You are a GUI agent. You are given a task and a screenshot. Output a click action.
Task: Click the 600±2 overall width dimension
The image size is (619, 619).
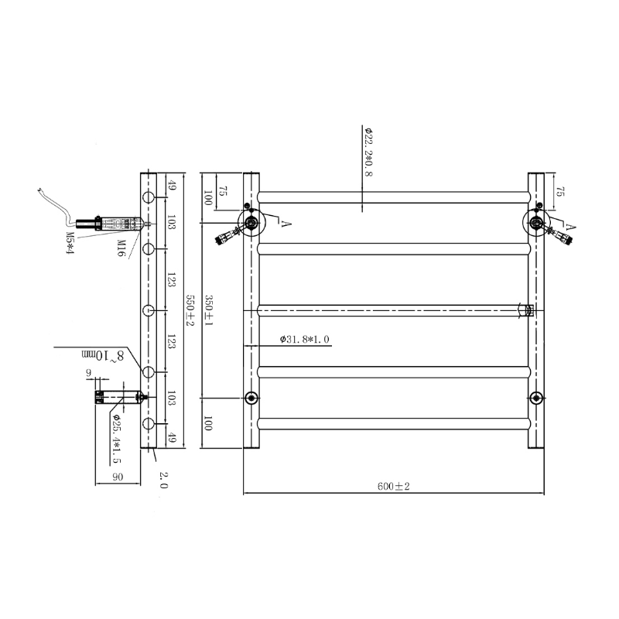coord(393,486)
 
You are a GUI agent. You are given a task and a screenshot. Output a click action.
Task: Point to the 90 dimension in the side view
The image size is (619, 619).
coord(118,476)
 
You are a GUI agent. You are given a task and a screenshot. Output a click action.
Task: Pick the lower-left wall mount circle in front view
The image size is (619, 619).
coord(251,398)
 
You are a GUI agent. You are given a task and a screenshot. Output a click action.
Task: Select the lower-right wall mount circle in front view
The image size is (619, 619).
coord(536,398)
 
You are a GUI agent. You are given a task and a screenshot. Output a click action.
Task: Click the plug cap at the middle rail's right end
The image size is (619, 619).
coord(529,311)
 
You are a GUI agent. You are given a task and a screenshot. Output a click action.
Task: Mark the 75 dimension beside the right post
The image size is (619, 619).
coord(559,192)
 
